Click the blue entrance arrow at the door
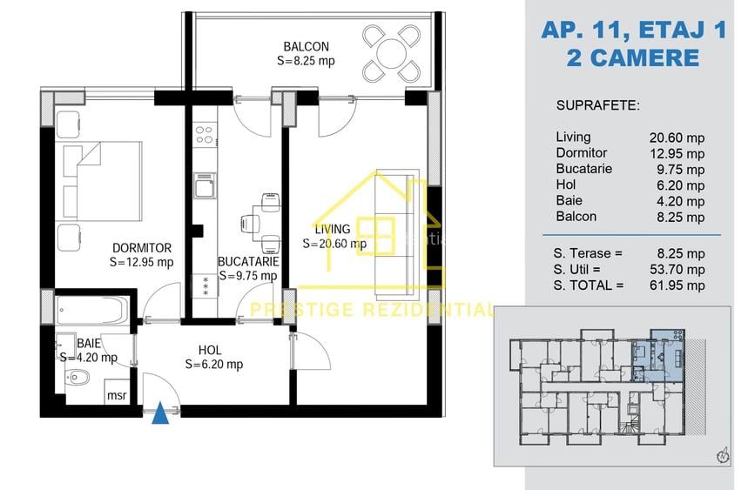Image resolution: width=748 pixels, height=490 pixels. tap(160, 413)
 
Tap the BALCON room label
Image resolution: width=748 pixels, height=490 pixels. tap(307, 47)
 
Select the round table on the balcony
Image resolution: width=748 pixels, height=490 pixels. tap(391, 52)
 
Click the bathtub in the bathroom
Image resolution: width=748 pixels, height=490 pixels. tap(92, 311)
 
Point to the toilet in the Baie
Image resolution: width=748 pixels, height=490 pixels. tap(77, 378)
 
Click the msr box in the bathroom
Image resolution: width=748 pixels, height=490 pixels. tap(117, 393)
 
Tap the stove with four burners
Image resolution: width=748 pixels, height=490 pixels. tap(206, 134)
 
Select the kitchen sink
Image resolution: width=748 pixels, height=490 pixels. tap(205, 186)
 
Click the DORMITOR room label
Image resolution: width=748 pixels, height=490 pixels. tap(142, 248)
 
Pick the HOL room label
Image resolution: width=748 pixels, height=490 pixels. tap(210, 351)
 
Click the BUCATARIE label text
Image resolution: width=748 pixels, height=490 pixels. tap(248, 261)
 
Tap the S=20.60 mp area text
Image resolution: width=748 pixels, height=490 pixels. tap(335, 244)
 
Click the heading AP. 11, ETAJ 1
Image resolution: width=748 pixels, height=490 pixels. tap(634, 30)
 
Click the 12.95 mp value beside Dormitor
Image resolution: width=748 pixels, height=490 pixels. tap(677, 153)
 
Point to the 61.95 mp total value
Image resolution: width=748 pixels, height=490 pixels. tap(677, 285)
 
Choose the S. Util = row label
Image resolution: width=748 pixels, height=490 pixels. tap(576, 269)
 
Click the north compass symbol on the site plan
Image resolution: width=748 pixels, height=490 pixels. tap(724, 456)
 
